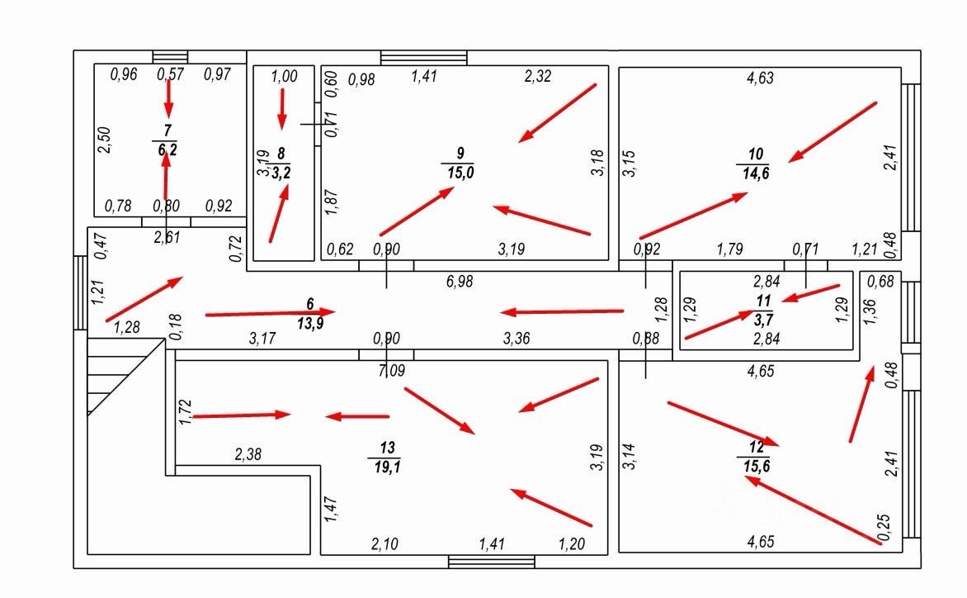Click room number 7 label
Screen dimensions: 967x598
pyautogui.click(x=167, y=131)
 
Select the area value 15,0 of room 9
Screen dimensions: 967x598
pyautogui.click(x=461, y=172)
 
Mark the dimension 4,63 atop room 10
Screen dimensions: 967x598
pyautogui.click(x=759, y=78)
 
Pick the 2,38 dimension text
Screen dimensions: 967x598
pyautogui.click(x=249, y=453)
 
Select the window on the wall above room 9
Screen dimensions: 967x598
pyautogui.click(x=423, y=58)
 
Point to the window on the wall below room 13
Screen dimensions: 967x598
pyautogui.click(x=491, y=562)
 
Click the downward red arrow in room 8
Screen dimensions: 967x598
pyautogui.click(x=282, y=108)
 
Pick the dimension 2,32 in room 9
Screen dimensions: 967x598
pyautogui.click(x=538, y=77)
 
